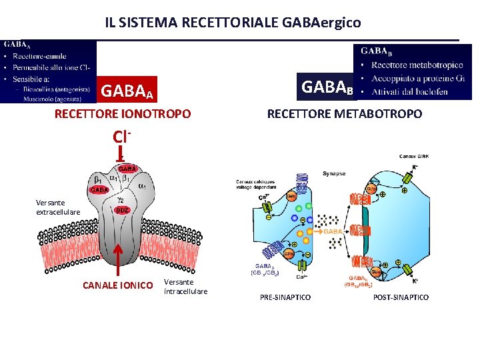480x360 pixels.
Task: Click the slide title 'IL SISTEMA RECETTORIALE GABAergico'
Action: point(233,22)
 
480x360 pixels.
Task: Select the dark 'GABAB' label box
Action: point(327,86)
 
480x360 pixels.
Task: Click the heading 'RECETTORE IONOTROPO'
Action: point(123,114)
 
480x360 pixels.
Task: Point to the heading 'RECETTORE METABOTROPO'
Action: point(344,114)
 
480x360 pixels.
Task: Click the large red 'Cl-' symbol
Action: point(120,137)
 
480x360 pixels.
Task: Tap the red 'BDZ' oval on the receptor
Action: point(121,211)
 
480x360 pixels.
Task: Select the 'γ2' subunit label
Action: point(121,199)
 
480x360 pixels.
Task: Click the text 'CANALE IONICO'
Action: point(117,285)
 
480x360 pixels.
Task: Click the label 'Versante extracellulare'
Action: point(58,207)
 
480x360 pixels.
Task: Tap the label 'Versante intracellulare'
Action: point(185,287)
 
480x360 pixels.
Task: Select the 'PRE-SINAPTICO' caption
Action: point(285,297)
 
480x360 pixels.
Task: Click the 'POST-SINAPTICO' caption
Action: point(401,297)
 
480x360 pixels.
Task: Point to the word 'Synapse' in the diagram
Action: point(334,173)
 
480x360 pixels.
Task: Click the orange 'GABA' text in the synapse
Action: point(333,231)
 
